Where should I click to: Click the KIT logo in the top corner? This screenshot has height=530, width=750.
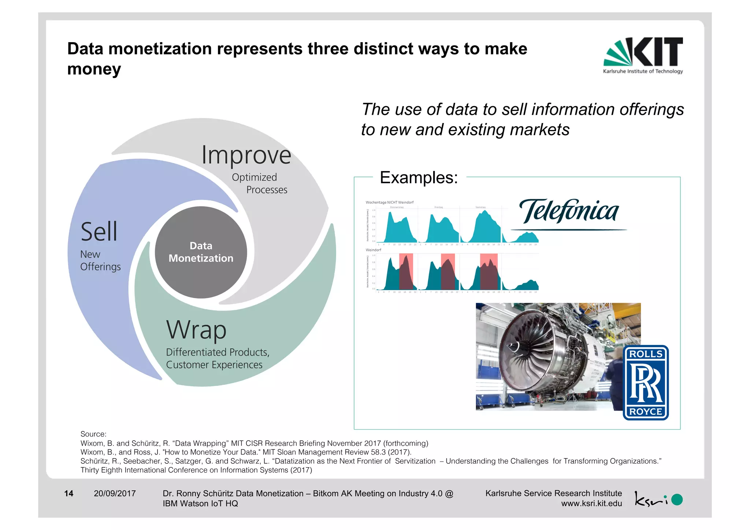click(643, 55)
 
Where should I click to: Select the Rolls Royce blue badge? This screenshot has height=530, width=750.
click(646, 382)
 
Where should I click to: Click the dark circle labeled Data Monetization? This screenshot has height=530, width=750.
click(201, 252)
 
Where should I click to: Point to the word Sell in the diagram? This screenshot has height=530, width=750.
click(99, 232)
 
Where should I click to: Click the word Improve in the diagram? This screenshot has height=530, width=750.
click(246, 155)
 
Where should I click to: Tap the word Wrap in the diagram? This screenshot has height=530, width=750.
click(196, 330)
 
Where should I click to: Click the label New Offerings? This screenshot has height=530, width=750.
click(100, 260)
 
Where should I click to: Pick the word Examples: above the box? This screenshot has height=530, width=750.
click(419, 178)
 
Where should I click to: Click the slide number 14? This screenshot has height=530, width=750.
click(68, 493)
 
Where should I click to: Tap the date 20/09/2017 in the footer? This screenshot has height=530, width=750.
click(115, 493)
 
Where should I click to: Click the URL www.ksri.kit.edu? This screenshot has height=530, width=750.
click(591, 504)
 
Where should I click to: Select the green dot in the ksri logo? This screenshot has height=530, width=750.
click(677, 500)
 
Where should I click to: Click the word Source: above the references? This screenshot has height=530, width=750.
click(93, 434)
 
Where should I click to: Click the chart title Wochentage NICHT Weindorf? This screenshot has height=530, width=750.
click(389, 202)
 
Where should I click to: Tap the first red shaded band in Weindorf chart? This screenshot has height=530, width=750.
click(406, 271)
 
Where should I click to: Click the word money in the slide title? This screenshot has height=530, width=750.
click(94, 69)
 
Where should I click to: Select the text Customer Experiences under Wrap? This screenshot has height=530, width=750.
click(214, 365)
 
